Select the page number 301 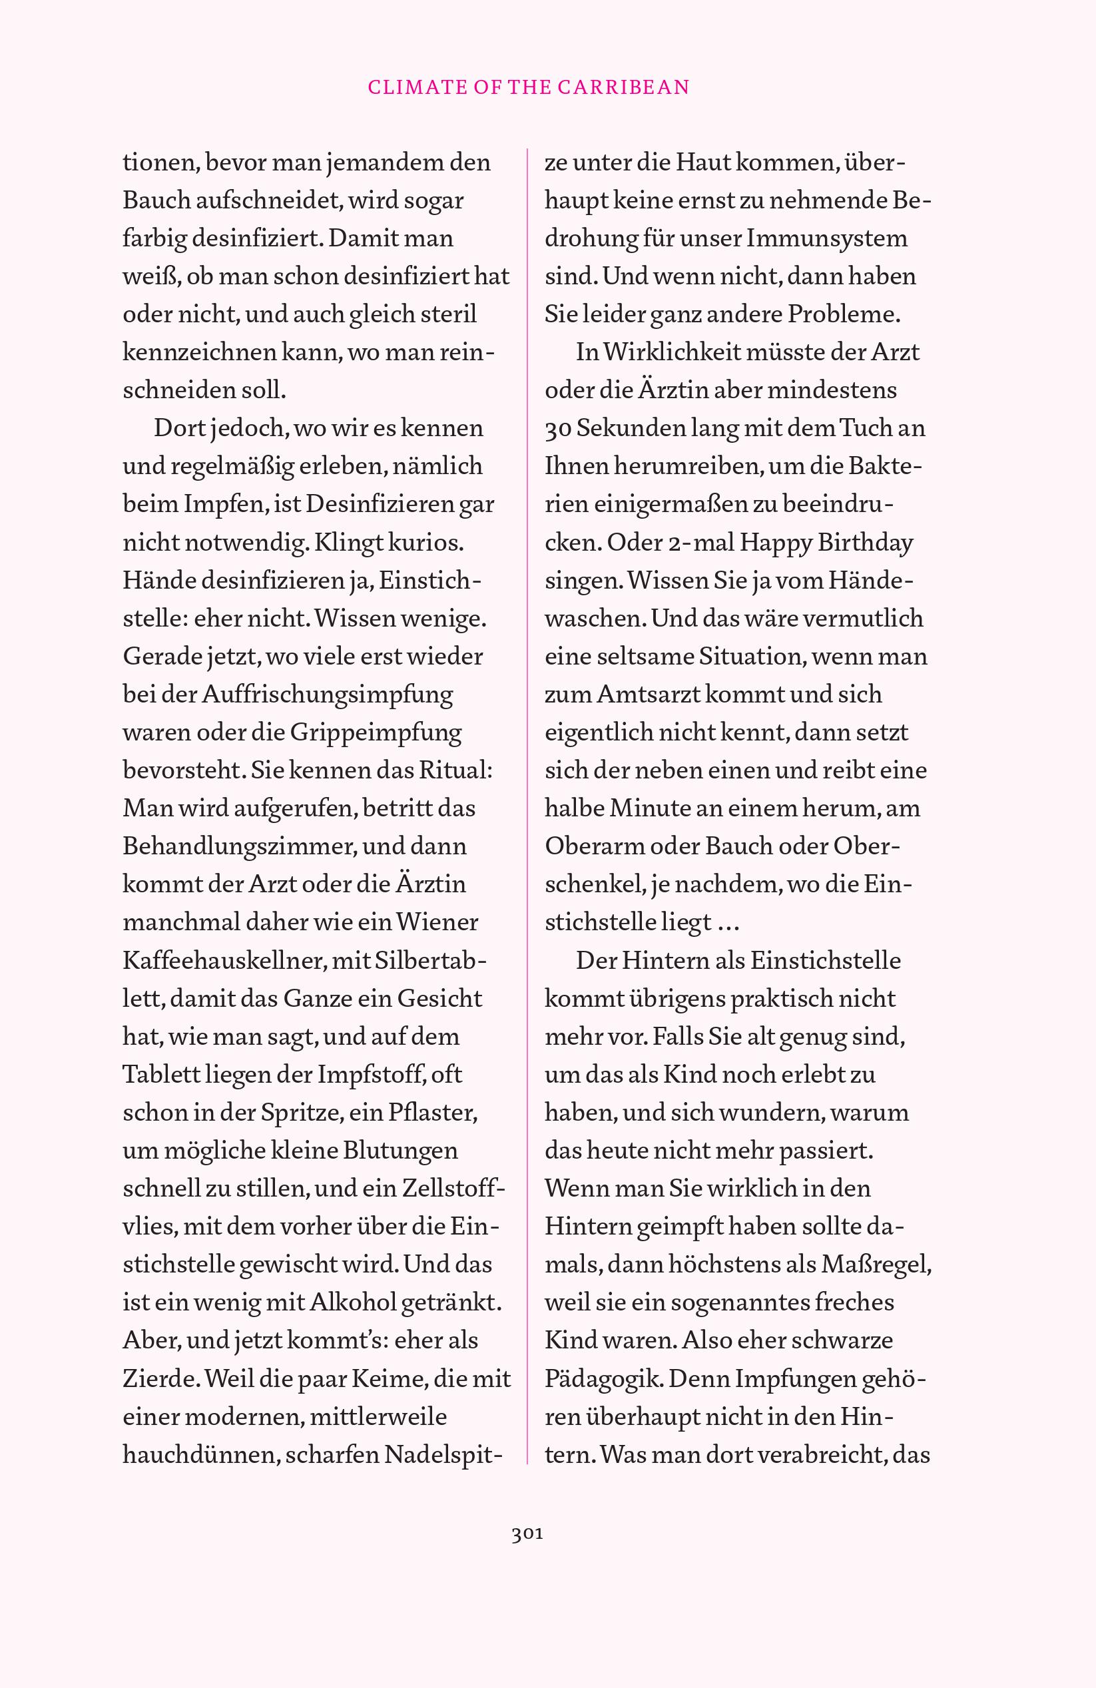pos(527,1534)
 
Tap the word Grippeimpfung pos(377,732)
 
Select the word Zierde pos(160,1379)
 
